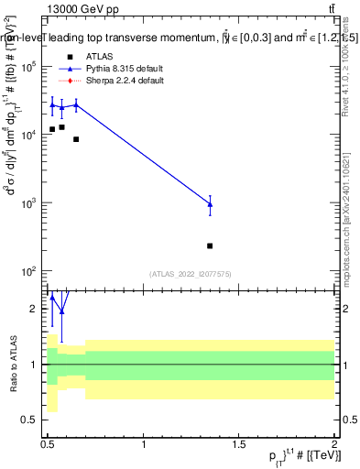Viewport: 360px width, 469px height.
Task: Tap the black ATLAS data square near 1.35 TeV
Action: (210, 245)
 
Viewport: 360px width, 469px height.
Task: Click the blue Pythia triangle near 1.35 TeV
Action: (210, 204)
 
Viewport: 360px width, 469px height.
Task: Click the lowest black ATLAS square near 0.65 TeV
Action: (76, 139)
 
